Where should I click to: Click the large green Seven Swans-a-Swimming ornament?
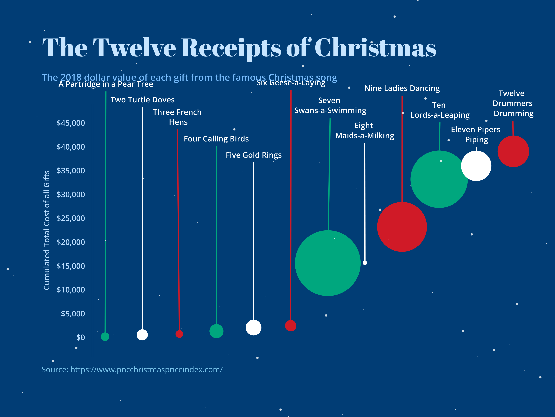point(328,263)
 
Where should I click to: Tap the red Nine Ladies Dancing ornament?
point(402,227)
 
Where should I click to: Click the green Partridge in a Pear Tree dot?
point(105,336)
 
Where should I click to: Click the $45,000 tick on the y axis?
point(71,123)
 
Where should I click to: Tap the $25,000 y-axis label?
point(71,218)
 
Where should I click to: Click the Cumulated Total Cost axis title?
point(47,230)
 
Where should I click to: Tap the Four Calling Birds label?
point(216,139)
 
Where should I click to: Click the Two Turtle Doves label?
point(143,100)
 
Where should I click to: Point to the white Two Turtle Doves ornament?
point(142,335)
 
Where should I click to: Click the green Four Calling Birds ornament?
point(216,331)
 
